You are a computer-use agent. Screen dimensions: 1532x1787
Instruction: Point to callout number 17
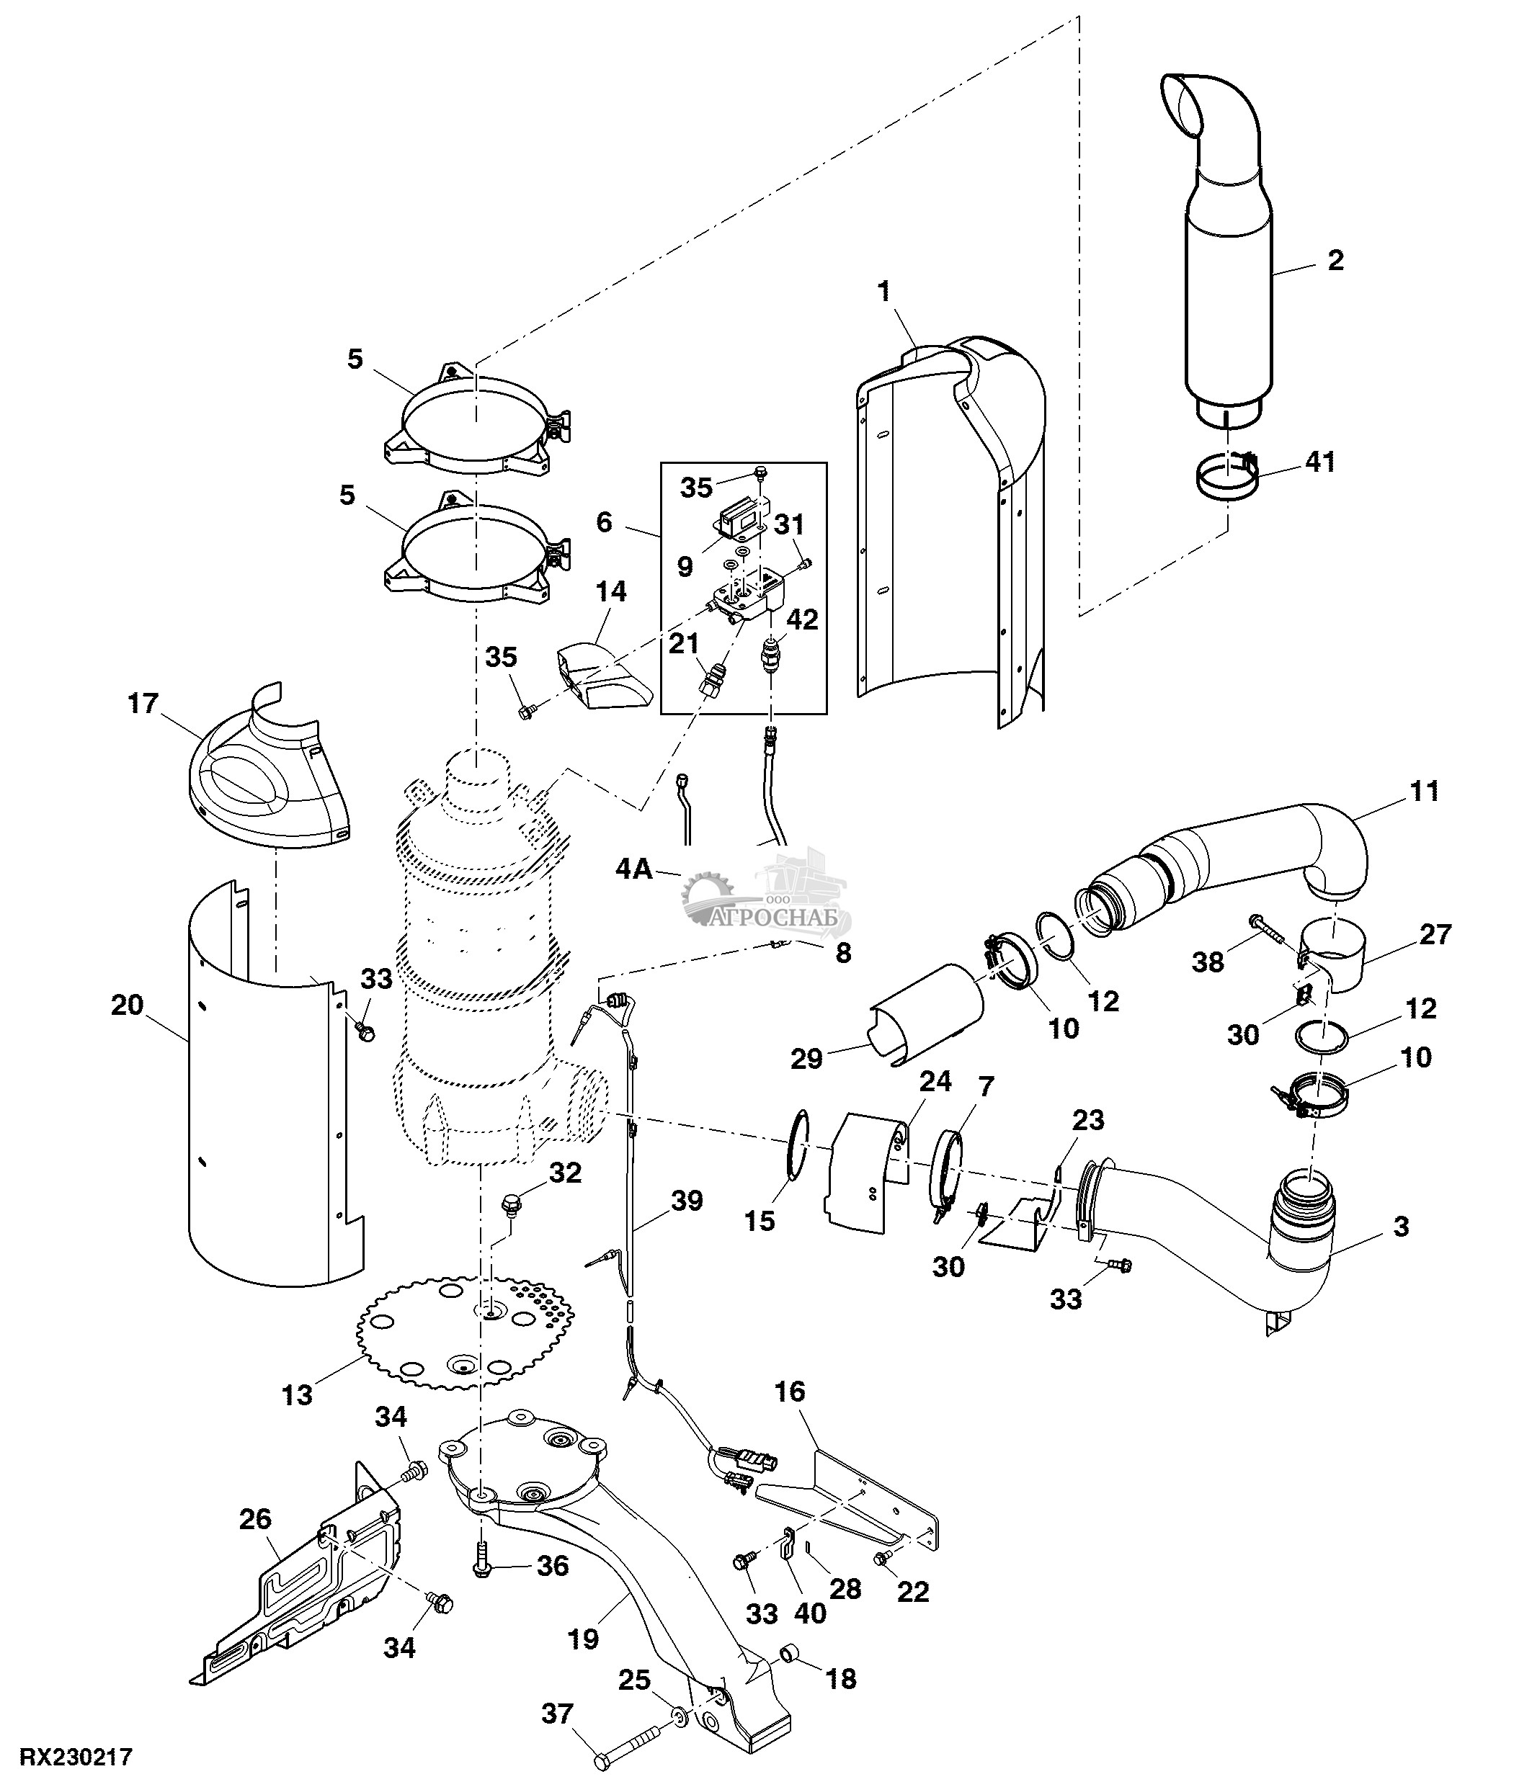[144, 704]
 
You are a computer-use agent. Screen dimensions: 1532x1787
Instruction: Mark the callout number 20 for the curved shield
[128, 1005]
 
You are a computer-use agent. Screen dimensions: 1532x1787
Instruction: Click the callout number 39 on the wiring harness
[687, 1201]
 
